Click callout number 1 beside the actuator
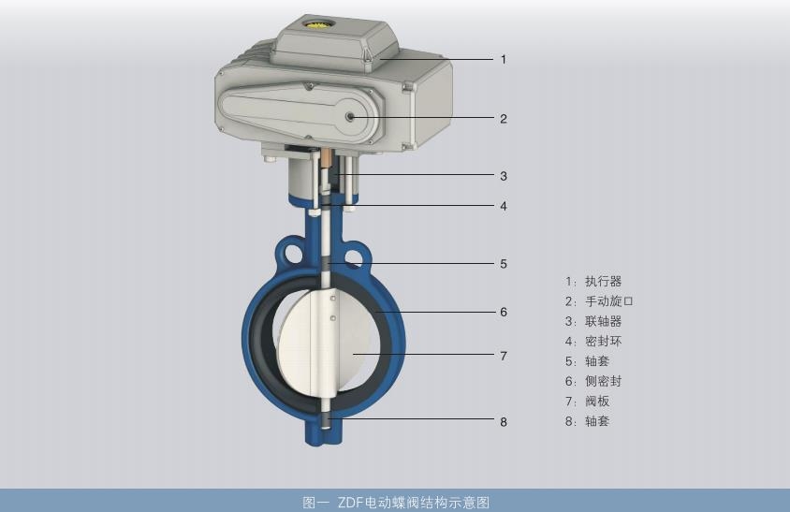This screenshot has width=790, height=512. coord(504,60)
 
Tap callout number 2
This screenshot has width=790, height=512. coord(504,119)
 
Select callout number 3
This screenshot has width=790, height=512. coord(504,176)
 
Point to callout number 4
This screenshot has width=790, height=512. coord(504,206)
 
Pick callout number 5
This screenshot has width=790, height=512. coord(504,264)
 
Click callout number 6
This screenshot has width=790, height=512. coord(504,312)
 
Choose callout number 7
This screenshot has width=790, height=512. coord(504,356)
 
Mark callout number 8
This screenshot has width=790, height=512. coord(504,422)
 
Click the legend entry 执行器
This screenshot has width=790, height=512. coord(603,281)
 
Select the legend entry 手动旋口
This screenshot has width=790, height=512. coord(609,301)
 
